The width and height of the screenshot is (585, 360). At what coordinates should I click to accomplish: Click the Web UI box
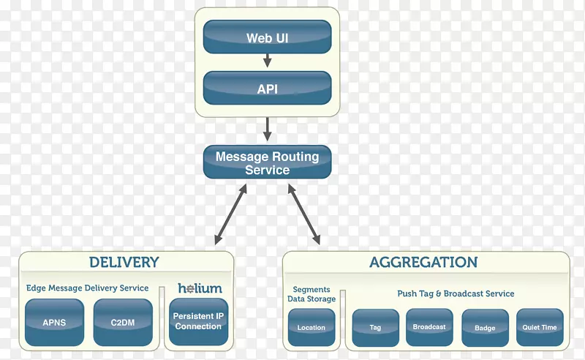click(267, 37)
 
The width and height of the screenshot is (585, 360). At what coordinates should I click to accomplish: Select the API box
click(267, 89)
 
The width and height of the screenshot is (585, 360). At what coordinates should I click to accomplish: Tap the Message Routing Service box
click(267, 162)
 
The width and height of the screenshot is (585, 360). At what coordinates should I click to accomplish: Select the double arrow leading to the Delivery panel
click(231, 214)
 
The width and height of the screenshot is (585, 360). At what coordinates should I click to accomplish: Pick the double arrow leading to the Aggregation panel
click(303, 214)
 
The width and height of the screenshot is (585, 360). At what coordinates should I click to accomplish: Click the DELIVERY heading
click(124, 262)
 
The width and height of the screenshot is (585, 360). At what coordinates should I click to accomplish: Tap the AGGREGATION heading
click(423, 262)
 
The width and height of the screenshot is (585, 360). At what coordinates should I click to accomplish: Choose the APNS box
click(54, 322)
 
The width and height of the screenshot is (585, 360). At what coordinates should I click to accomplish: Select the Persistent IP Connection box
click(198, 322)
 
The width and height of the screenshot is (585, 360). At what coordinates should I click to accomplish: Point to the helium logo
click(200, 288)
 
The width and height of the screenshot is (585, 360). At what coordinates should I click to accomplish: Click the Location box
click(312, 327)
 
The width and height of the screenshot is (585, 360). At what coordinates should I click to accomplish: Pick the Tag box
click(375, 327)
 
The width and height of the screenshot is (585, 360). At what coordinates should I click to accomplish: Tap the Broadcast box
click(429, 327)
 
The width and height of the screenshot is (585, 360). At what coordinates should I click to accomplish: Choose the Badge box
click(485, 327)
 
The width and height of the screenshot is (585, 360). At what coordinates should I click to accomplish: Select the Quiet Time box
click(540, 327)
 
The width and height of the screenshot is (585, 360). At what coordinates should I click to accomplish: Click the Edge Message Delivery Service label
click(88, 288)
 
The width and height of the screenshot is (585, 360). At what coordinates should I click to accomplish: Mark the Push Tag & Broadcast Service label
click(456, 293)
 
